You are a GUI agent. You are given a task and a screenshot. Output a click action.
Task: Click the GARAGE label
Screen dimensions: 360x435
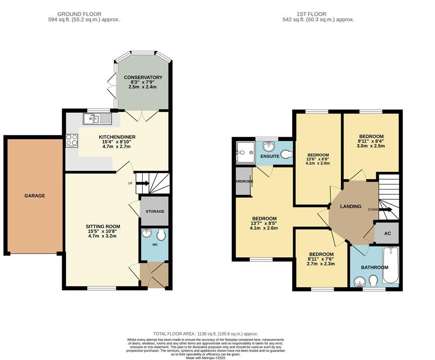(35, 196)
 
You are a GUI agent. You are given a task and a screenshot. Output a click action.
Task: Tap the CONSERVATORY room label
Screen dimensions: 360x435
(143, 77)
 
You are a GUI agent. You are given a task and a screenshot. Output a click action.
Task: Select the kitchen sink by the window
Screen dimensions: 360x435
(97, 119)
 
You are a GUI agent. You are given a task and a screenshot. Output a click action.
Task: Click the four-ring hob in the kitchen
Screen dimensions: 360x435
(72, 140)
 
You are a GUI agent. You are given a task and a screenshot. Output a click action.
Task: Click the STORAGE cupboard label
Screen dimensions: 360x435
(155, 211)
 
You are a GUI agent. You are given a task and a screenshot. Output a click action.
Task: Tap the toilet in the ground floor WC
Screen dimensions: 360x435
(161, 235)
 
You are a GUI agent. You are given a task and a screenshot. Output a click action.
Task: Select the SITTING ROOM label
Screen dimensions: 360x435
(103, 226)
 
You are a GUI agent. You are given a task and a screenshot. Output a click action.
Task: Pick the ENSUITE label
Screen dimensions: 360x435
(270, 156)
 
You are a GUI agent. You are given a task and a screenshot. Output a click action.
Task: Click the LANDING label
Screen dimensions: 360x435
(351, 207)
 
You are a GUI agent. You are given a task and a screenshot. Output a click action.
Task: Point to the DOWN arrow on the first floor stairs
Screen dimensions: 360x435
(385, 210)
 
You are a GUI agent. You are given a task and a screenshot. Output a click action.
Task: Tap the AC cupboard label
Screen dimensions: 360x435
(387, 234)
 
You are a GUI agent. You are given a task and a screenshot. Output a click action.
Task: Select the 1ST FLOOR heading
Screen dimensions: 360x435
(311, 14)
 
